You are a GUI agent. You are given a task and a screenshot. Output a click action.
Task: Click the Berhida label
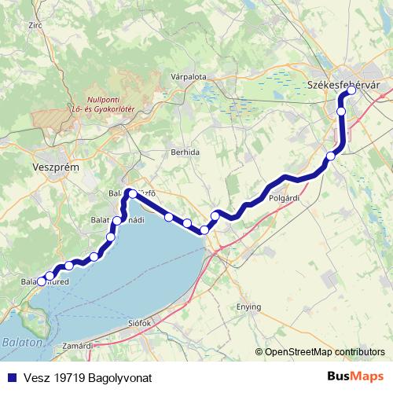click(185, 152)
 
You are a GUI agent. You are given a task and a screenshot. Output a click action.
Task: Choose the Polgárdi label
click(285, 200)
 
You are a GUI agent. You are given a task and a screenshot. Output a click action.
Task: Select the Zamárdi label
click(78, 346)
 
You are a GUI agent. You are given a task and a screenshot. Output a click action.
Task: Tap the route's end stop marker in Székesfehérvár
click(351, 90)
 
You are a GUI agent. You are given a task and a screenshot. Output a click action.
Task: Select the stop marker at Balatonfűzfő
click(132, 193)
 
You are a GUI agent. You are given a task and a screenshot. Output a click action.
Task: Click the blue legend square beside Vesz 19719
click(9, 377)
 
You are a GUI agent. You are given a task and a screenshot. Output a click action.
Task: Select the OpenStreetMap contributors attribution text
click(324, 352)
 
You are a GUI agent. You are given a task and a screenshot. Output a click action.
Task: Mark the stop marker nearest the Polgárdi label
click(215, 215)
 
